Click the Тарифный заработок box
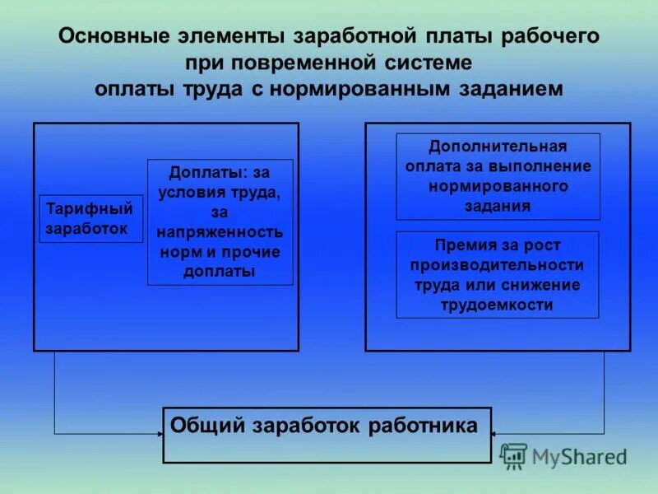[x=90, y=219]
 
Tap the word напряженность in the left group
[x=220, y=233]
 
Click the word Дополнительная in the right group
[x=498, y=147]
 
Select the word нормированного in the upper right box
[x=498, y=186]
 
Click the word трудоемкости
[x=498, y=305]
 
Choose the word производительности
[x=498, y=265]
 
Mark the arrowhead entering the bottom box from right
[x=496, y=433]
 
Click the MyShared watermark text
[x=579, y=456]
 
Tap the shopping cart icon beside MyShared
[x=514, y=456]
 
